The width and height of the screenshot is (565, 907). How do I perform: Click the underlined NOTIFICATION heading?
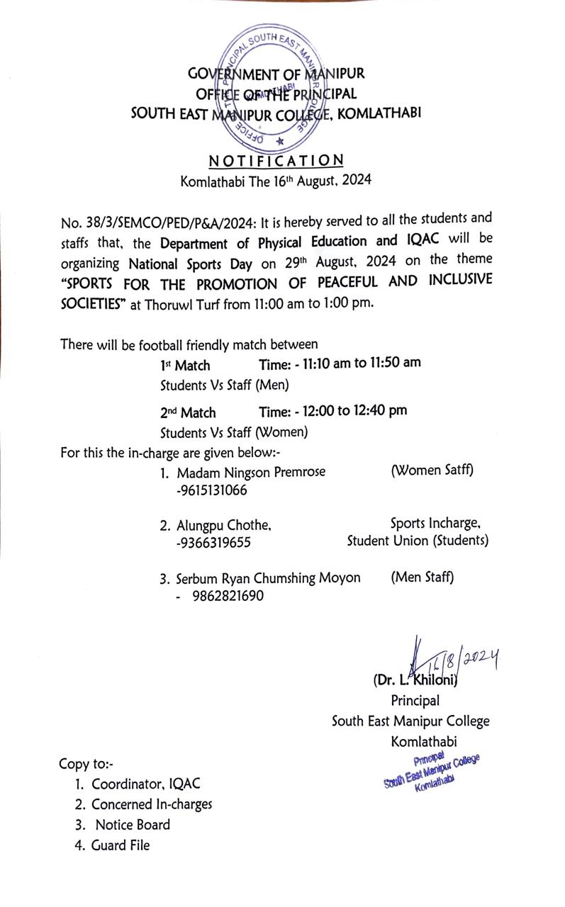[x=276, y=160]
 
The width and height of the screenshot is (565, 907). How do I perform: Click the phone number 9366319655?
[x=213, y=543]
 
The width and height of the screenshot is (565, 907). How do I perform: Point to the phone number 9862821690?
[x=228, y=596]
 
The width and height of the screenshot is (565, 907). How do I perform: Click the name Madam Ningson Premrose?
[x=251, y=472]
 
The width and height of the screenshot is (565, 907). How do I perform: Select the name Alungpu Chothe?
[x=224, y=525]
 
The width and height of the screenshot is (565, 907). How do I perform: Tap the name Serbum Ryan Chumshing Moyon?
[x=269, y=578]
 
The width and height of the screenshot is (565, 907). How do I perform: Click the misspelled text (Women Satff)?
[x=432, y=470]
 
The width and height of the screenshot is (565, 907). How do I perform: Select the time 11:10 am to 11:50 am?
[x=340, y=363]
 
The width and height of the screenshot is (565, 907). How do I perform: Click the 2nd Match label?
[x=188, y=412]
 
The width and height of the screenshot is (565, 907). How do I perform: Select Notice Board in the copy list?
[x=133, y=824]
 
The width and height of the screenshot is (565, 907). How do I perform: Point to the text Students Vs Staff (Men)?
[x=224, y=386]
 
